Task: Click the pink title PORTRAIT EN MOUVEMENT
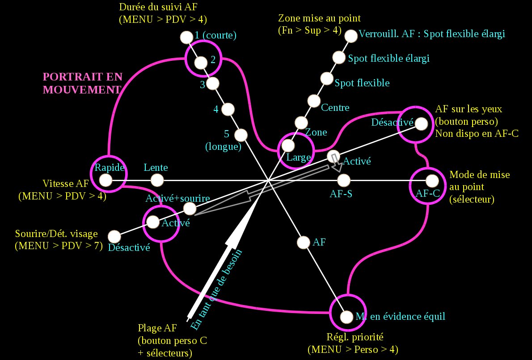click(x=82, y=83)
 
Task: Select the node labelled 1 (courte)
click(x=186, y=37)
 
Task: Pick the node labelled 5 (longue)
click(x=241, y=135)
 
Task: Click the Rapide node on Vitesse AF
click(x=106, y=180)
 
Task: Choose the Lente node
click(x=157, y=180)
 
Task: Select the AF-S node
click(x=343, y=181)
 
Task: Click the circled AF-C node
click(x=432, y=181)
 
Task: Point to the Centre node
click(x=314, y=101)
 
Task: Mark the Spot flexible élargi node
click(x=339, y=57)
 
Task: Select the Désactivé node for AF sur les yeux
click(x=421, y=123)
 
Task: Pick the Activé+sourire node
click(x=190, y=208)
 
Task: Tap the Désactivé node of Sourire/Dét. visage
click(x=115, y=236)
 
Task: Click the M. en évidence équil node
click(x=346, y=317)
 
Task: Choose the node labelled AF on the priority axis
click(x=304, y=242)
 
